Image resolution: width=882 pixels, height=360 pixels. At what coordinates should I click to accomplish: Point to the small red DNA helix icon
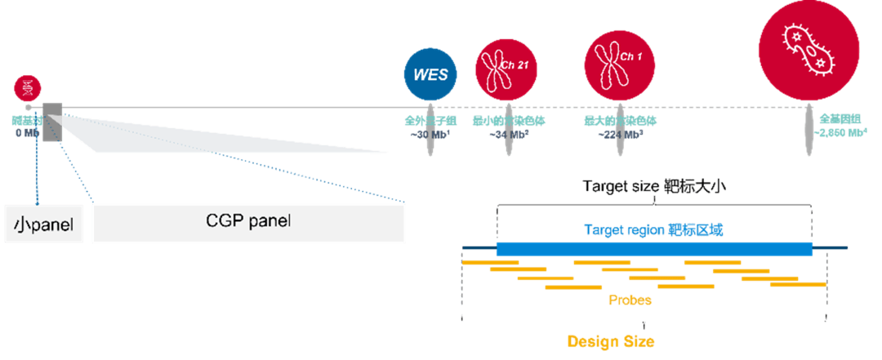coord(28,87)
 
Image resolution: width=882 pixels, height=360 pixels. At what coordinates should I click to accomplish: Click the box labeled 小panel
coord(45,222)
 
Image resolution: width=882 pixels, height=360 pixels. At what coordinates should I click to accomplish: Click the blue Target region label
coord(653,230)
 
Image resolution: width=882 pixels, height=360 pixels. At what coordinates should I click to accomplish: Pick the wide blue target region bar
coord(654,248)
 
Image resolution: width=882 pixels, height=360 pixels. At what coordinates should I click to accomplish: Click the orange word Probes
coord(630,300)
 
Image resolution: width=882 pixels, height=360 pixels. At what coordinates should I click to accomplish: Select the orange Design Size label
coord(611,341)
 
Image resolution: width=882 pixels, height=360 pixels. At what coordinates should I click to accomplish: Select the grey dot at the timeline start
coord(28,107)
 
